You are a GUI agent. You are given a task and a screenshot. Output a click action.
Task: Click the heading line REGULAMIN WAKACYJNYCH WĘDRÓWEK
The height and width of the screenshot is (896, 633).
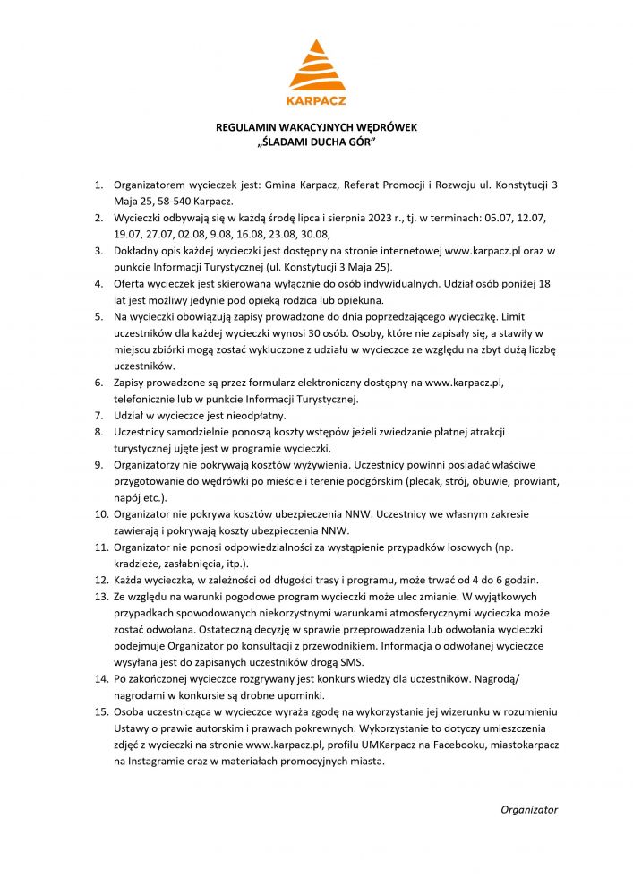(x=316, y=127)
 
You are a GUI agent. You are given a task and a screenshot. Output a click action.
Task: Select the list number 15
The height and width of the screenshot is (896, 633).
(x=98, y=711)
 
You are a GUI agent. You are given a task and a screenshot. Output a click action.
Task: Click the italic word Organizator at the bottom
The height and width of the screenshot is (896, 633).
(x=529, y=809)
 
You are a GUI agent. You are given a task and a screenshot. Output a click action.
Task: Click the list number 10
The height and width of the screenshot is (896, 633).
(x=98, y=514)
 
